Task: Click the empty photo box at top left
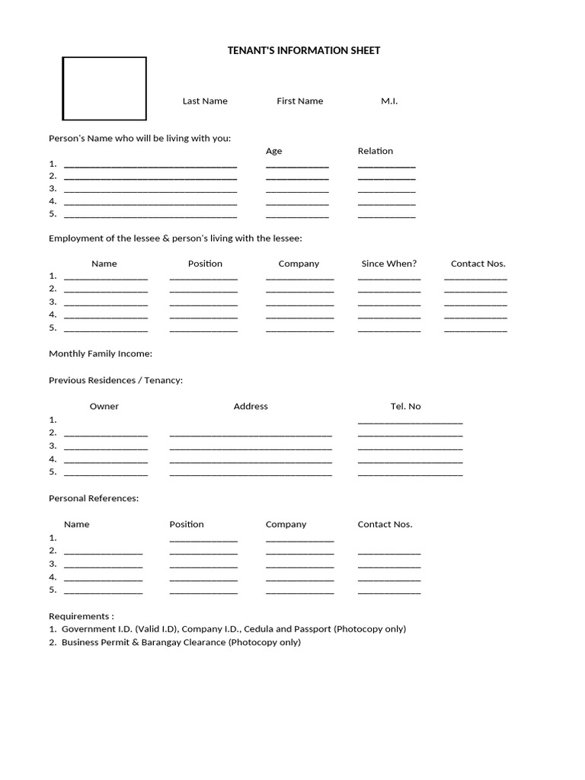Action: pos(104,88)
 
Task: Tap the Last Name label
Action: pos(205,101)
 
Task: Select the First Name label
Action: pos(299,101)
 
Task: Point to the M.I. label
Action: pos(389,101)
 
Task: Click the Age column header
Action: pos(273,151)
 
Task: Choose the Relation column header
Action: pos(376,151)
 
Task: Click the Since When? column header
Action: pos(388,264)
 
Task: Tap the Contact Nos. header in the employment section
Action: pos(478,264)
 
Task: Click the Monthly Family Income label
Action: pos(101,353)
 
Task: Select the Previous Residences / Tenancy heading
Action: pos(116,380)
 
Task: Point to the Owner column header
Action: pos(104,406)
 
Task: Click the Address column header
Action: pos(251,406)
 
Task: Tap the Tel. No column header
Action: pos(405,406)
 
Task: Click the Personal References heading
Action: pos(94,498)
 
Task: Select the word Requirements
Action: pos(79,615)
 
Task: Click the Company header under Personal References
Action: pos(286,524)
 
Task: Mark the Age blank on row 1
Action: pos(297,165)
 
